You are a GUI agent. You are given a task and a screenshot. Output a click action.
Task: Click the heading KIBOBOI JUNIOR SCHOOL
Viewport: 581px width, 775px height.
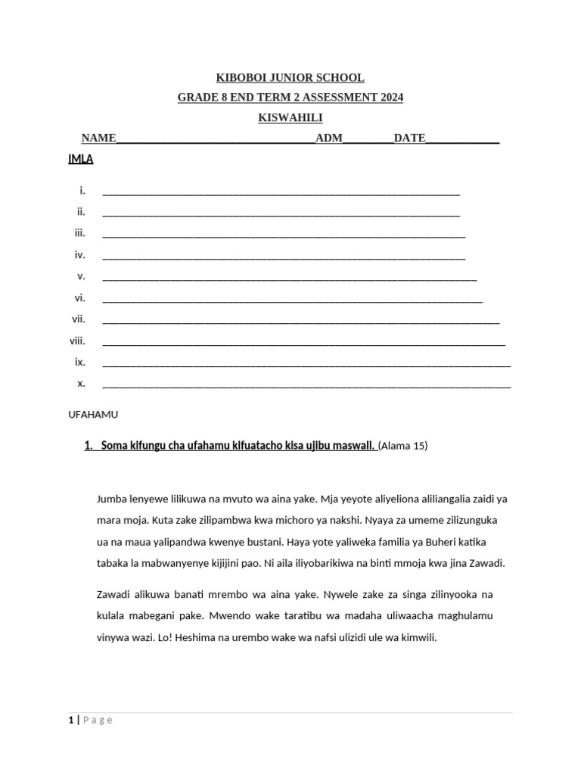tap(290, 78)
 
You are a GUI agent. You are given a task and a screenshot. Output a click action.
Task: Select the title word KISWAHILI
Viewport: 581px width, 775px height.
tap(290, 117)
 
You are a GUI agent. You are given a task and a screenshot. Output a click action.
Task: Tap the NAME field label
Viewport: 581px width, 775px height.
tap(98, 138)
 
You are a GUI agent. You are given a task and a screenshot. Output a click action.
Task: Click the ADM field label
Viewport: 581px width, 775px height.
tap(329, 138)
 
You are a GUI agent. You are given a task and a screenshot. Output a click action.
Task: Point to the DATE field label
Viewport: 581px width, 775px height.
tap(409, 138)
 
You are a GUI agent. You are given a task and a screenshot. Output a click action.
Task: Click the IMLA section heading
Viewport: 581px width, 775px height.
tap(81, 160)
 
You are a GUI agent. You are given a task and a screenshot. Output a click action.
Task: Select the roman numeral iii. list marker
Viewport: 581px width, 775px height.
tap(80, 233)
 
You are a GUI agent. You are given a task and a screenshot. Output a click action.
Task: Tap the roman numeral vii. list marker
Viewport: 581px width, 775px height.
tap(79, 319)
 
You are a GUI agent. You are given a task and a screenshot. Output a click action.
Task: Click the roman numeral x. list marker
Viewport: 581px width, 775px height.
tap(81, 383)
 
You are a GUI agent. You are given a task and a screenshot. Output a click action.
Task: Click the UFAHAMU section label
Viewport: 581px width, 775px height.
tap(93, 415)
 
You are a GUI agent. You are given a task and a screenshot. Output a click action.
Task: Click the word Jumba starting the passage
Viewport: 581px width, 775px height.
tap(113, 500)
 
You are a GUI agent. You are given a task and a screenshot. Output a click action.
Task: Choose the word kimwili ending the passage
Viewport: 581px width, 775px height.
tap(419, 638)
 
